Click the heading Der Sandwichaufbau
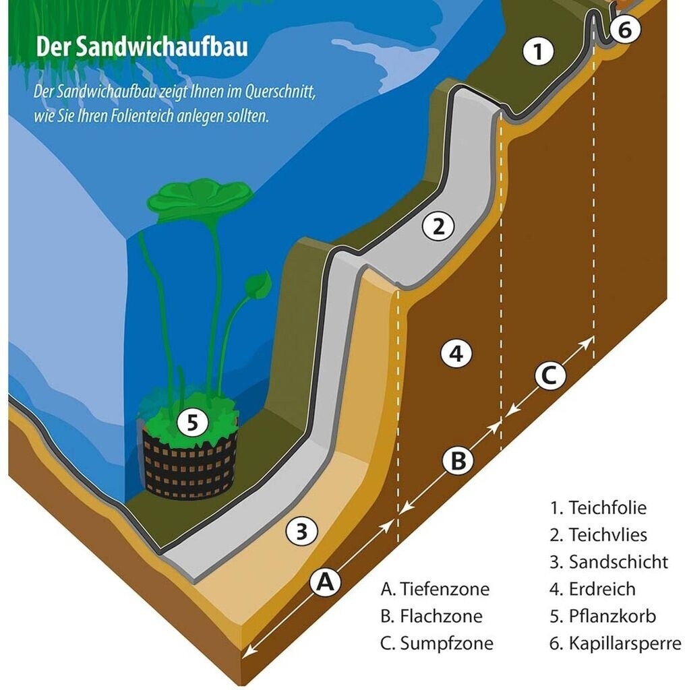pyautogui.click(x=142, y=47)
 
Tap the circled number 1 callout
pyautogui.click(x=537, y=52)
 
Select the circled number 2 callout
pyautogui.click(x=439, y=227)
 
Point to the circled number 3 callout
pyautogui.click(x=301, y=532)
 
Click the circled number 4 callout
pyautogui.click(x=456, y=354)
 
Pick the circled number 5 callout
pyautogui.click(x=193, y=423)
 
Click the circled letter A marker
pyautogui.click(x=325, y=581)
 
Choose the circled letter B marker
pyautogui.click(x=457, y=462)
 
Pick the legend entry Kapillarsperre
pyautogui.click(x=616, y=643)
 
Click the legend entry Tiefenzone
pyautogui.click(x=435, y=590)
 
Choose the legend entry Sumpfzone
pyautogui.click(x=436, y=644)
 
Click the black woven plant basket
pyautogui.click(x=189, y=465)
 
